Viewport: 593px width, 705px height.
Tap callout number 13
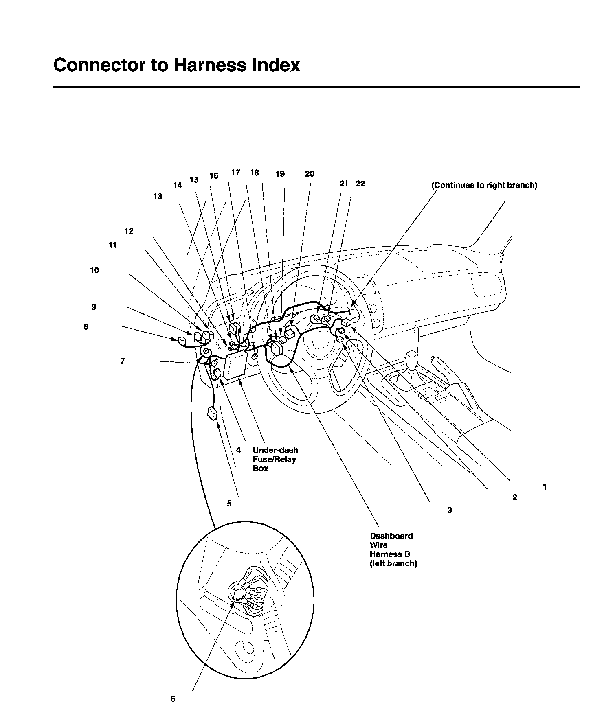coord(158,197)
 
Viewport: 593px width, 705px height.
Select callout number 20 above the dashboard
coord(310,174)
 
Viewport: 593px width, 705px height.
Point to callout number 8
coord(86,327)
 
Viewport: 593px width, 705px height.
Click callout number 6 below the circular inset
coord(173,699)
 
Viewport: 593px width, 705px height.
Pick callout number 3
coord(450,510)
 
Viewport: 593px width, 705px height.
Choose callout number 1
coord(545,487)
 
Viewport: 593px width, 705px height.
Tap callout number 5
coord(229,504)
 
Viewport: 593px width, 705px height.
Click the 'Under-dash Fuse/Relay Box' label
coord(275,459)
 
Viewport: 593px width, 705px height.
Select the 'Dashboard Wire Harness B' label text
coord(393,550)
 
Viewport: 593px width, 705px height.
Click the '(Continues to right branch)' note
coord(484,185)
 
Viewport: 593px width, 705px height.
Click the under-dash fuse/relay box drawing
coord(235,366)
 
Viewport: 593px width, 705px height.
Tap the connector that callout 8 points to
coord(182,341)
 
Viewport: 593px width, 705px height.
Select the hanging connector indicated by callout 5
coord(213,413)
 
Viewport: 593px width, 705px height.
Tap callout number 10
coord(94,271)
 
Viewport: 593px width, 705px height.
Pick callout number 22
coord(360,184)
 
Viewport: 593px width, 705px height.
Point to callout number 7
coord(123,361)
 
